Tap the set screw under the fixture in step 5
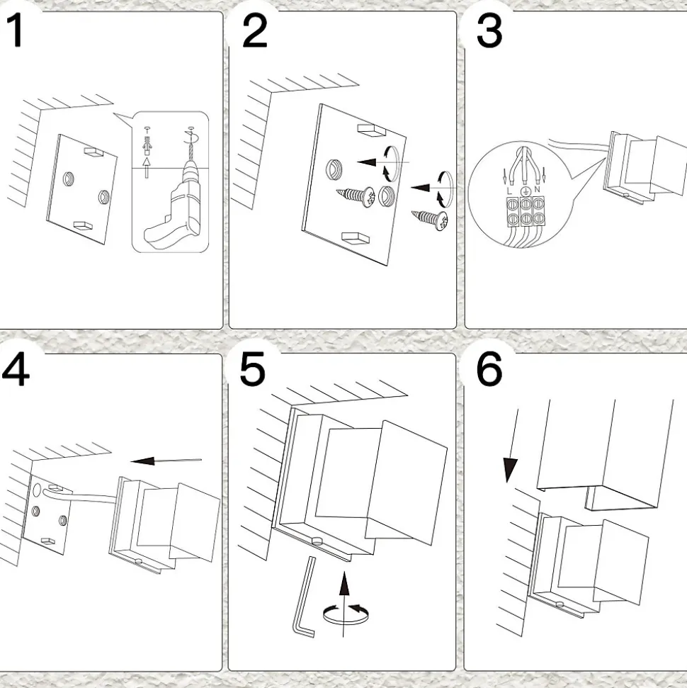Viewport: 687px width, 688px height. point(318,541)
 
